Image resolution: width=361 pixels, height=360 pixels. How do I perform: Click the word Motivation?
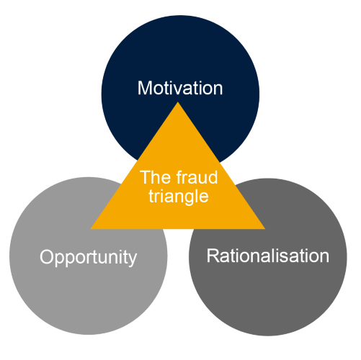180,89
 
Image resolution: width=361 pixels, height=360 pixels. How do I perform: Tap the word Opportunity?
88,257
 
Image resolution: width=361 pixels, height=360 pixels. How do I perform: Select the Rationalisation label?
267,256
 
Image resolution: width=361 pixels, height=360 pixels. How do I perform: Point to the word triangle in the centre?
178,195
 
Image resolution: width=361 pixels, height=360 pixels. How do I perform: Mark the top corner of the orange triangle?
178,103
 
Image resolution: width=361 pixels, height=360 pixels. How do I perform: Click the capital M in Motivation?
144,89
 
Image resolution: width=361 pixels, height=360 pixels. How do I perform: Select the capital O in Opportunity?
46,257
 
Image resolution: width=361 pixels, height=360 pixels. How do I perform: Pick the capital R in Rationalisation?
212,256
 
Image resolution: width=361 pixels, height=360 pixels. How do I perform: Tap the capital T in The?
144,176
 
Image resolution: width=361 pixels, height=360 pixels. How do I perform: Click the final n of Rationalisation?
324,256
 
